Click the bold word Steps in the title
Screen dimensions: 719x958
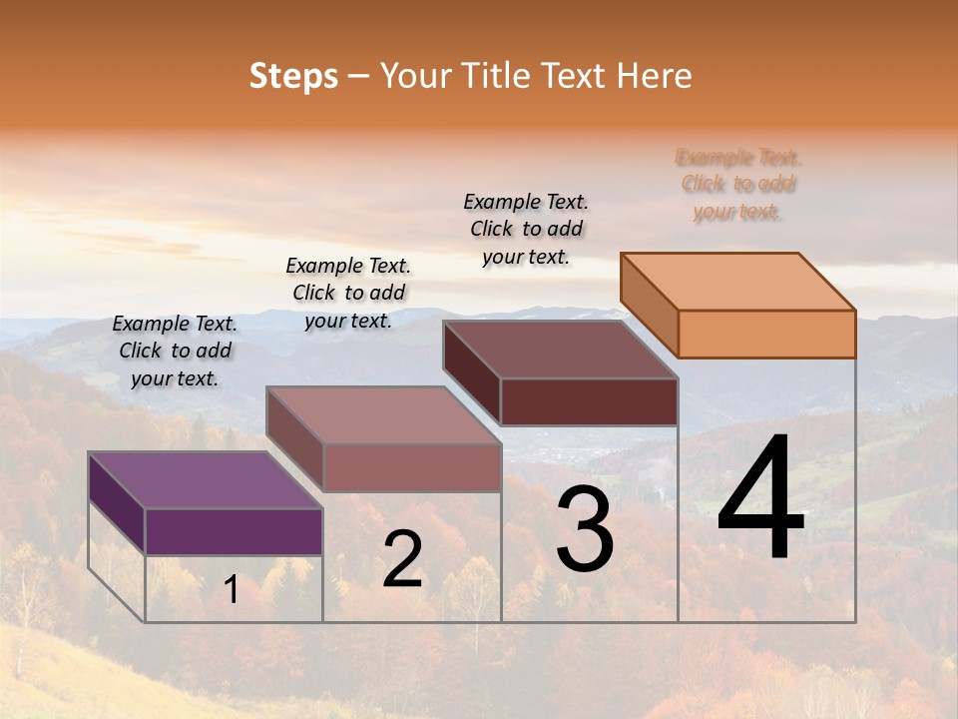[293, 76]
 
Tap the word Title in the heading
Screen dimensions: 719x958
[496, 76]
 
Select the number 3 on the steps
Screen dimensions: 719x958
[585, 529]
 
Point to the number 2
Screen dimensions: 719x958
[403, 559]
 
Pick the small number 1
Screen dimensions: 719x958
[232, 590]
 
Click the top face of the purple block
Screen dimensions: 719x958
[205, 480]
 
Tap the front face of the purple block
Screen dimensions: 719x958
[234, 531]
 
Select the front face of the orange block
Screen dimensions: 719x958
[766, 334]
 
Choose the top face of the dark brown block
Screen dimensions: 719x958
[560, 349]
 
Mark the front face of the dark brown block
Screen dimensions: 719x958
[589, 401]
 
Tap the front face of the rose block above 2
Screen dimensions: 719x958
[412, 467]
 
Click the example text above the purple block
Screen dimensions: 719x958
[175, 351]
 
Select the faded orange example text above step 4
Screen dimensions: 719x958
[738, 184]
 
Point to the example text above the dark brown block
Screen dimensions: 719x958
[526, 229]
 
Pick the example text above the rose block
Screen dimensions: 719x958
[348, 293]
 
